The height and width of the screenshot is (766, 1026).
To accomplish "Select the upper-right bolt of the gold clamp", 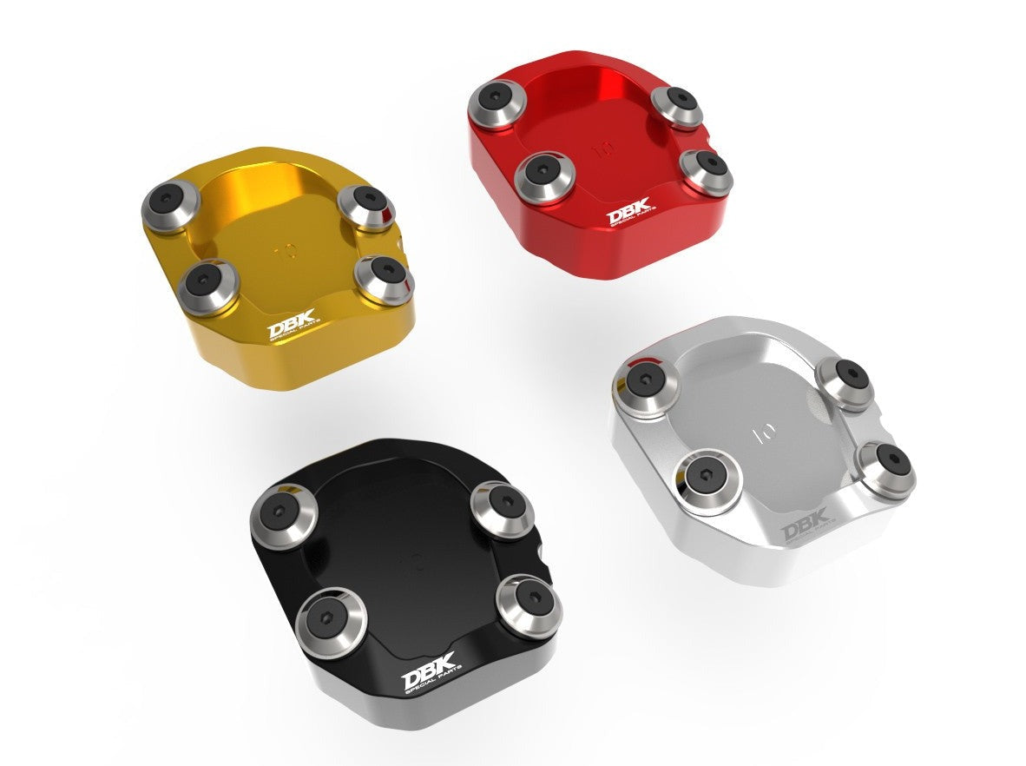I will [x=365, y=206].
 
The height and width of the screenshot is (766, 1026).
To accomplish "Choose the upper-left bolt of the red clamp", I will [x=497, y=104].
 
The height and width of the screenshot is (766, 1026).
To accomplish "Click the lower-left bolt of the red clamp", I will [x=543, y=176].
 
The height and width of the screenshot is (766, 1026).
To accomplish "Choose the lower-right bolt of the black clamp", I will [x=529, y=603].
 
